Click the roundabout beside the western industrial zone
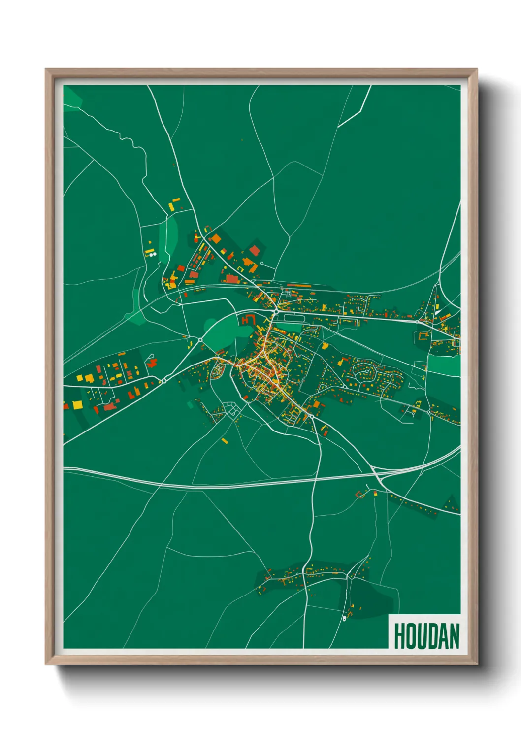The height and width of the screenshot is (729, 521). click(x=163, y=381)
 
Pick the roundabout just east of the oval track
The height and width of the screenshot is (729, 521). click(x=276, y=311)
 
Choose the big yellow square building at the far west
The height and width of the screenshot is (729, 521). click(x=78, y=405)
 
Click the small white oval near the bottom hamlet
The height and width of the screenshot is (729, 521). click(x=344, y=619)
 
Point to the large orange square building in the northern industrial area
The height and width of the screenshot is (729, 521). click(x=216, y=239)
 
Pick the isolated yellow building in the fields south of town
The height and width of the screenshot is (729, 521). click(x=225, y=440)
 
